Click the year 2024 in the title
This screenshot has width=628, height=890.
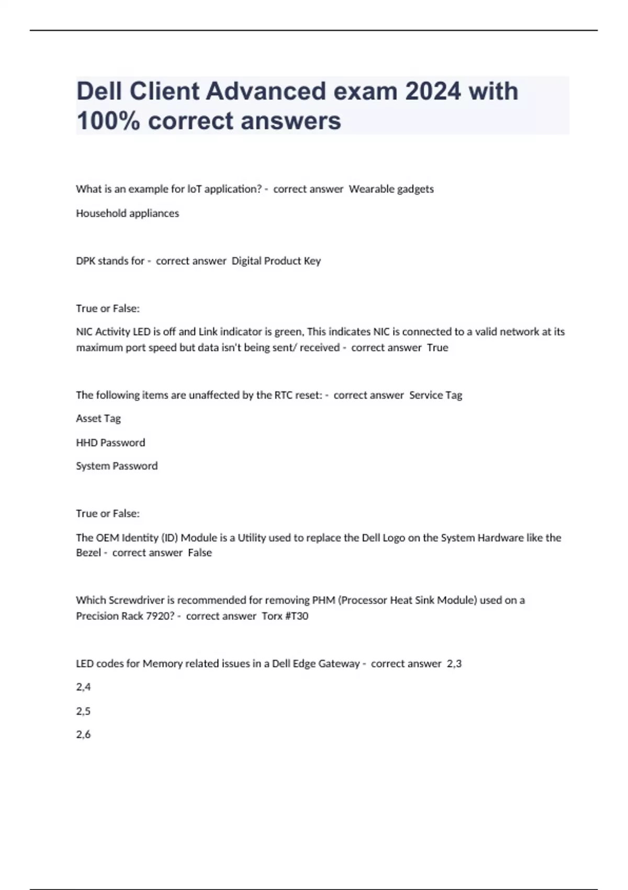click(433, 91)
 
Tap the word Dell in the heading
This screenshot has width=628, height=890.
click(100, 91)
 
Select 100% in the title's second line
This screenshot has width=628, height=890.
click(108, 121)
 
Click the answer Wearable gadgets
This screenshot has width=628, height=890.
click(391, 189)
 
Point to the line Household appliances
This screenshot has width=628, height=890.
click(127, 213)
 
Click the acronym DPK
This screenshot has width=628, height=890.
click(87, 261)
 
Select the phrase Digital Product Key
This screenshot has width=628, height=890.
click(276, 261)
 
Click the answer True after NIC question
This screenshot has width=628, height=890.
click(438, 348)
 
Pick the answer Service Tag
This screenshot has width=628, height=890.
click(435, 395)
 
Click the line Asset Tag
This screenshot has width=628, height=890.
click(98, 418)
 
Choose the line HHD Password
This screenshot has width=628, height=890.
click(110, 442)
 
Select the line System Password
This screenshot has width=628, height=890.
click(117, 466)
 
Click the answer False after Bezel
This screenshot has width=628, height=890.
click(200, 553)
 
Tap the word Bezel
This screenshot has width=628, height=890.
click(88, 553)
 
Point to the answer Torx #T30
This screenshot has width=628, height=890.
click(285, 616)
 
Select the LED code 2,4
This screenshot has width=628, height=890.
click(83, 687)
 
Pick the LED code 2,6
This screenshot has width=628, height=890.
click(83, 735)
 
